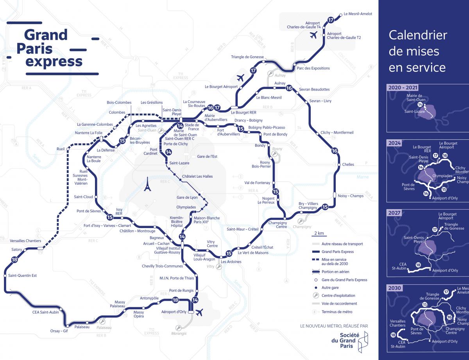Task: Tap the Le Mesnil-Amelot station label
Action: point(358,14)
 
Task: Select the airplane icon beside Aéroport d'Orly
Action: point(200,312)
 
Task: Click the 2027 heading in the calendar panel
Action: point(394,213)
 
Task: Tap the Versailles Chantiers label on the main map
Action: point(23,241)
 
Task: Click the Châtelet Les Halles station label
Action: point(197,176)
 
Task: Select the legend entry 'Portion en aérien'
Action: point(335,271)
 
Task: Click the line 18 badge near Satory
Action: point(15,260)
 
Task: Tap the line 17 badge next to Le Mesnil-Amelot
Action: point(331,20)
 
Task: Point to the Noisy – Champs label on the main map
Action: point(350,196)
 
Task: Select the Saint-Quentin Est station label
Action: point(22,276)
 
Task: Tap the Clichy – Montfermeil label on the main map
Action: point(337,133)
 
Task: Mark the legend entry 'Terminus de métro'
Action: point(337,312)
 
